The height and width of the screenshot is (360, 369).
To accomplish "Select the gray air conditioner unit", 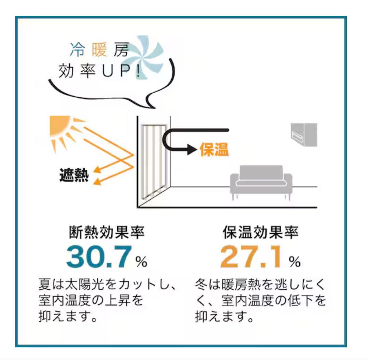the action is tap(304, 135).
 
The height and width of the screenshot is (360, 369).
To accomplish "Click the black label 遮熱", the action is tap(74, 175).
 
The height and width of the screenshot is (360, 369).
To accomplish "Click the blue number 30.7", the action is tap(99, 257).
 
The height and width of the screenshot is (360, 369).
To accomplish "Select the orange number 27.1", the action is tap(251, 257).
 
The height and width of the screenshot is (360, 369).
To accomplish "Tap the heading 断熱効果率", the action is tap(107, 232).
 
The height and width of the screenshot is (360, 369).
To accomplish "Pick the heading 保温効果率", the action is tap(261, 232).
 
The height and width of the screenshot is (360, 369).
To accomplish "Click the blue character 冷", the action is tap(77, 50).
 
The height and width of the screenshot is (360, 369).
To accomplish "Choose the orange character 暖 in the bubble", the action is tap(99, 50).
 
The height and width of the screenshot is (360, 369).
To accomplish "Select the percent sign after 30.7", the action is tap(141, 261).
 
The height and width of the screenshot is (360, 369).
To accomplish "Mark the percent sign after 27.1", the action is tap(295, 261).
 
